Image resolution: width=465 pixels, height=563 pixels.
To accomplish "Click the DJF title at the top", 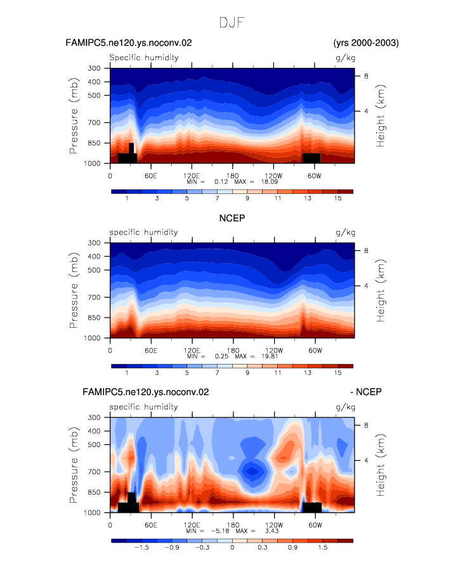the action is [x=232, y=23].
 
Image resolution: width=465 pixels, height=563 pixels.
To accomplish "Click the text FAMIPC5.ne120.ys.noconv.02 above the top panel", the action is [x=129, y=42].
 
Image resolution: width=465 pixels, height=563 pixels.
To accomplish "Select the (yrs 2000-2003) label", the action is [x=366, y=42].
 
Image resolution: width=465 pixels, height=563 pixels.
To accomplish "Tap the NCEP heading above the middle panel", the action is [x=232, y=218].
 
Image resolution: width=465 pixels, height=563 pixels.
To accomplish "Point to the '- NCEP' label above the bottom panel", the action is [x=366, y=392].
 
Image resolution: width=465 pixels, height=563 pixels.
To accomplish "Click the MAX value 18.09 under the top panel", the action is [x=269, y=182].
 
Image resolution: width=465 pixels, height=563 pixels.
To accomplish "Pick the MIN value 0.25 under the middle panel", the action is [x=222, y=356].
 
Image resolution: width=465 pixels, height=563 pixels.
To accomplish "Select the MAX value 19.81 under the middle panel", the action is [x=270, y=356].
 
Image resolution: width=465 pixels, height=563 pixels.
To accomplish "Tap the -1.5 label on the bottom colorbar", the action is [x=141, y=548].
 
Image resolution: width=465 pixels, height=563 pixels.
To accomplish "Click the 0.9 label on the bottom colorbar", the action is [x=292, y=548].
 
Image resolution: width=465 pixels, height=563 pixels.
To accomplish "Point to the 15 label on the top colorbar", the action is [x=337, y=198].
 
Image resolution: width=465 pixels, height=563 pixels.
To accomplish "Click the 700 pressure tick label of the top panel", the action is [x=94, y=122].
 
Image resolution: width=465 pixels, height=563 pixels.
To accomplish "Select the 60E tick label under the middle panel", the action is [x=151, y=351].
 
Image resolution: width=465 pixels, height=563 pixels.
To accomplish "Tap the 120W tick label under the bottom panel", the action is [x=274, y=525].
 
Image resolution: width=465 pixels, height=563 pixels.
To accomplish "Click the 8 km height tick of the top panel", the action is [x=366, y=75].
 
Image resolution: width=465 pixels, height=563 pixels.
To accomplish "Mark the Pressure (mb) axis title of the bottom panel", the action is [x=74, y=465].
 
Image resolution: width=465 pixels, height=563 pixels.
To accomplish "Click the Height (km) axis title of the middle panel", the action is [x=381, y=290].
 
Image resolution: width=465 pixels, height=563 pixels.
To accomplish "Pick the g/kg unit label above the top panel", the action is [x=345, y=58].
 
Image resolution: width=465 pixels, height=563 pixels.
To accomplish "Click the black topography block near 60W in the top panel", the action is [x=311, y=159].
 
